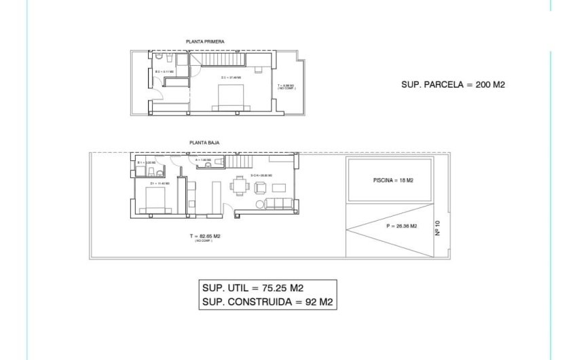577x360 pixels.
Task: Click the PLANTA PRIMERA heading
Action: (205, 41)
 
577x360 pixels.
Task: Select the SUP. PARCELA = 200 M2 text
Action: (454, 85)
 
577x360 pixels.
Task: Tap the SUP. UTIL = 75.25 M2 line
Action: (254, 288)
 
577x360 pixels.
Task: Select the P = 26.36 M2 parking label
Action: (401, 226)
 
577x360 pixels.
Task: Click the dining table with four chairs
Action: (240, 185)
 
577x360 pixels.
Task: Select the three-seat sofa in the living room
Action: (278, 203)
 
